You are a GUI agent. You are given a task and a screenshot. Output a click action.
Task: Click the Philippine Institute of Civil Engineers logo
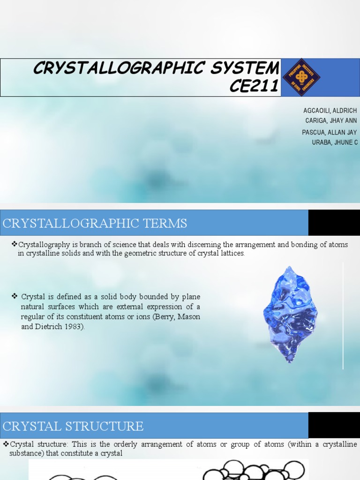click(301, 77)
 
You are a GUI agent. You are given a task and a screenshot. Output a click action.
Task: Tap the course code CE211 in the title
click(255, 86)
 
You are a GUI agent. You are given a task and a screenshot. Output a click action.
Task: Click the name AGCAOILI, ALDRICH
click(330, 111)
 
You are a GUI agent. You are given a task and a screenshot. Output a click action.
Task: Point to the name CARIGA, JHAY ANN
click(331, 120)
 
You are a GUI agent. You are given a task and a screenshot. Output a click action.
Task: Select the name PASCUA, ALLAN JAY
click(329, 132)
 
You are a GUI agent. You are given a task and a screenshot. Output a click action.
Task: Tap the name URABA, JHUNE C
click(335, 142)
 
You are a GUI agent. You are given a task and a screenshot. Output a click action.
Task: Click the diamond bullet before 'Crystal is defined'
click(15, 296)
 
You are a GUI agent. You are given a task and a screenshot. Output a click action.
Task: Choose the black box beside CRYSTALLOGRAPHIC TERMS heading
click(334, 223)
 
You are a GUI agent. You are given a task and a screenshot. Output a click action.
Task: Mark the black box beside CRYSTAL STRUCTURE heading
click(334, 425)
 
